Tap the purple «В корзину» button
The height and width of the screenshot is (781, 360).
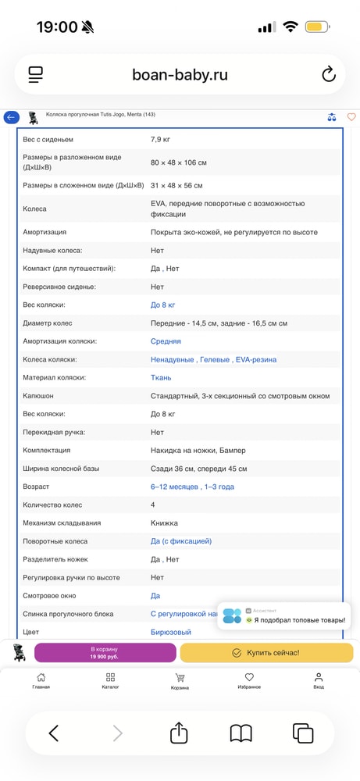(x=105, y=653)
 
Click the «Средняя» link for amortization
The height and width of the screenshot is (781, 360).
(x=166, y=341)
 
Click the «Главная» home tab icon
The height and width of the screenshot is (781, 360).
(x=41, y=677)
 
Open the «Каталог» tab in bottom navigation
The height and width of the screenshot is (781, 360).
(x=110, y=677)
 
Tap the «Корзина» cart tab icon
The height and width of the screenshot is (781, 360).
(x=180, y=677)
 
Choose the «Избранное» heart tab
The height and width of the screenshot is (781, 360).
(x=249, y=677)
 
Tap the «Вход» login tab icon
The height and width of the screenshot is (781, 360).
(x=319, y=677)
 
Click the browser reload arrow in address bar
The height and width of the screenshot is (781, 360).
(x=328, y=75)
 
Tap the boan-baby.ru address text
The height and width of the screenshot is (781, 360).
(x=180, y=75)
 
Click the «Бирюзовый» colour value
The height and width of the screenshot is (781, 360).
(x=170, y=632)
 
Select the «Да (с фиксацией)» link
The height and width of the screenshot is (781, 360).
(x=181, y=541)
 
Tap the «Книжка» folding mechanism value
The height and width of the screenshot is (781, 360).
(x=164, y=523)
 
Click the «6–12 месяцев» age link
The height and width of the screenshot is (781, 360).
(x=175, y=487)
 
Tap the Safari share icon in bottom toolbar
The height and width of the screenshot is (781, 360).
(x=179, y=733)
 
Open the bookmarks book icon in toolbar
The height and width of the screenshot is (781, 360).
(x=241, y=733)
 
